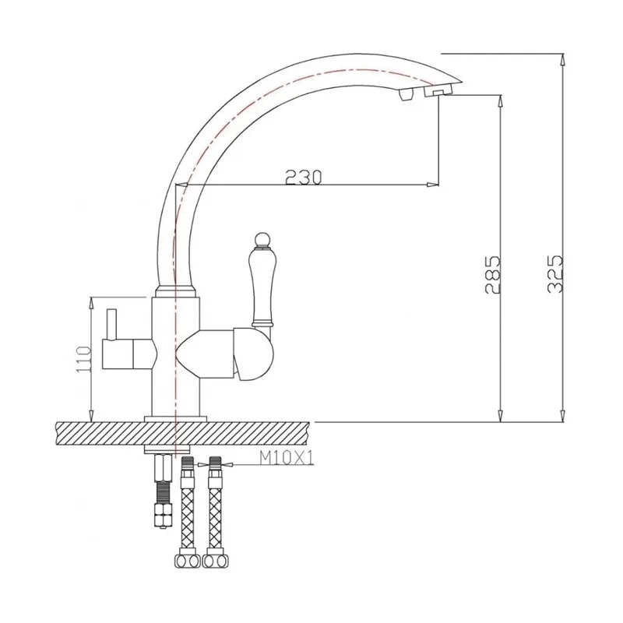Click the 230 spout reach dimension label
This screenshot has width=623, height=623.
[304, 178]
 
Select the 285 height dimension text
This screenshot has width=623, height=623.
[491, 274]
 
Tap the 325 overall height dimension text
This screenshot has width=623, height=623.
[554, 274]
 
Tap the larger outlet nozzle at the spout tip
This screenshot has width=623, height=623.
[437, 93]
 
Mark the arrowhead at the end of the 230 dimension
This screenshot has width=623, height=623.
[431, 185]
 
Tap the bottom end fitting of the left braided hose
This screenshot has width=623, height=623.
[187, 561]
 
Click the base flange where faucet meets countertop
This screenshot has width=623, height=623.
[177, 418]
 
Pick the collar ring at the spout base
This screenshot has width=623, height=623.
[177, 293]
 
